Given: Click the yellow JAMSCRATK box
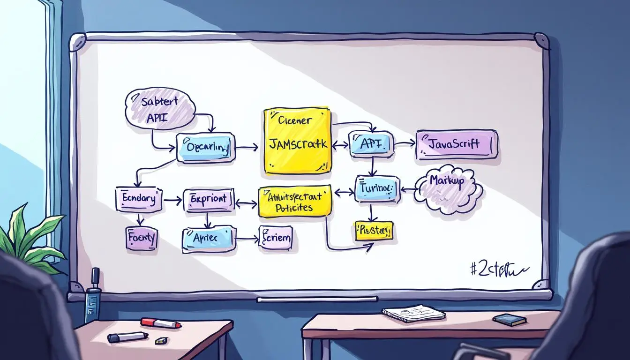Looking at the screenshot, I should [297, 142].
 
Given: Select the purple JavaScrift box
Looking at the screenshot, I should [457, 144].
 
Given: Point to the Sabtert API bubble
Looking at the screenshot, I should [159, 110].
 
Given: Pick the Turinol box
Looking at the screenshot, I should [377, 189].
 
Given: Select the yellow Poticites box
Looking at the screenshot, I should [294, 202].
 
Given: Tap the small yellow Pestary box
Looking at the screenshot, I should [374, 231].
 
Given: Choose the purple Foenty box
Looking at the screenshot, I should [141, 238].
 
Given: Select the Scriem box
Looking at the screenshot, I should [276, 237].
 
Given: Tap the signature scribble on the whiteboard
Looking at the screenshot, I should [498, 269].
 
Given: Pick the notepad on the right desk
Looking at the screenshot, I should [413, 313].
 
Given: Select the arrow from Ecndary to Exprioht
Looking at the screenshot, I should [172, 200].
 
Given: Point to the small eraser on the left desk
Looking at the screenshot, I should [161, 340].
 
